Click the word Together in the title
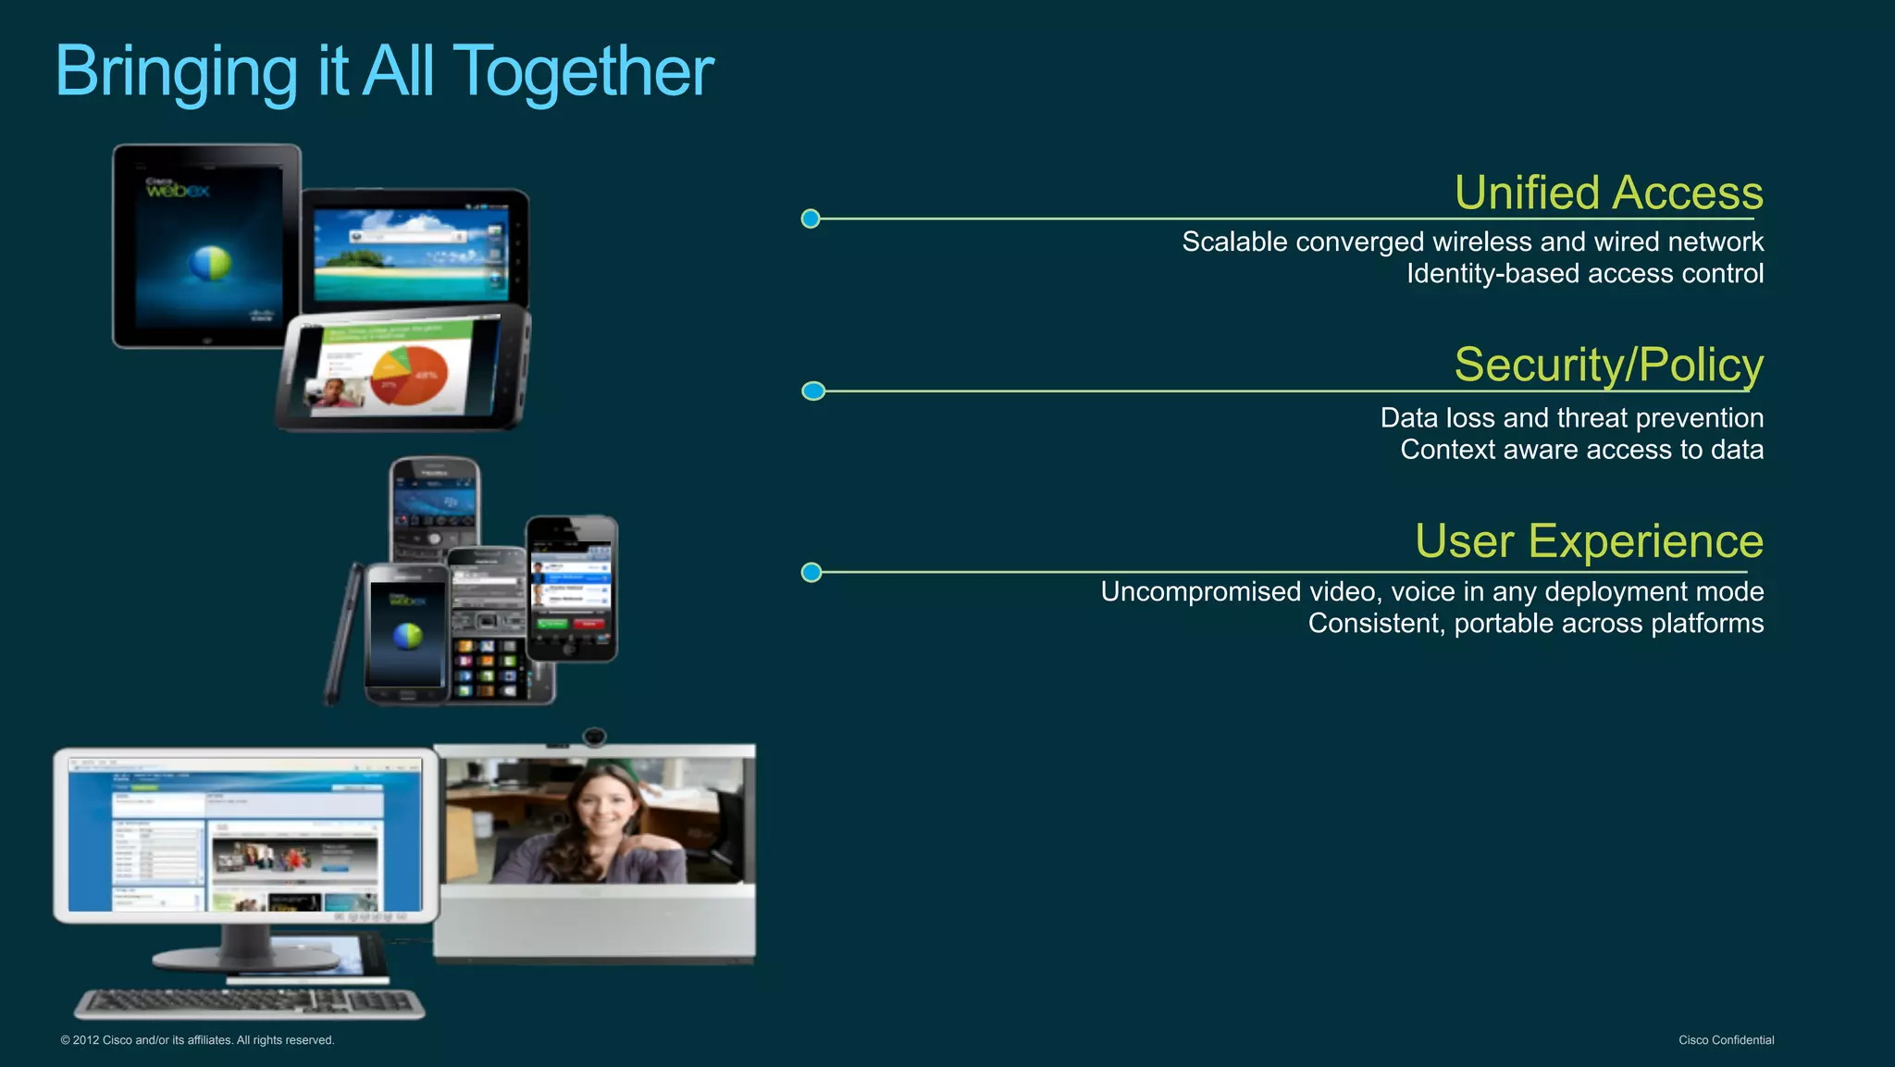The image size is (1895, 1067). (x=585, y=72)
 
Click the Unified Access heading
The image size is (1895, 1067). (x=1608, y=193)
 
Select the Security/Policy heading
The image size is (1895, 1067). (x=1608, y=365)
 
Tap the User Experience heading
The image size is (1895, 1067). (x=1589, y=541)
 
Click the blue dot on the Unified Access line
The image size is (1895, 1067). (x=811, y=219)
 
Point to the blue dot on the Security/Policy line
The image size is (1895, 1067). (x=813, y=391)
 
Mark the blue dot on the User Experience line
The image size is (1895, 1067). (x=811, y=573)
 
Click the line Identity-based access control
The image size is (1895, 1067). (x=1584, y=274)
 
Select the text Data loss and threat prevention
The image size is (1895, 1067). (x=1571, y=418)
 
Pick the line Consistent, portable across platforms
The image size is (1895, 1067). (x=1535, y=624)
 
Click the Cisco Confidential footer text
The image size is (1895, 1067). (x=1726, y=1040)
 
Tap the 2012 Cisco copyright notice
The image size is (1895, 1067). (x=197, y=1040)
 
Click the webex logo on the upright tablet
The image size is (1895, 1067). (x=178, y=190)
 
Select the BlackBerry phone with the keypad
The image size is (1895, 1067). (x=434, y=509)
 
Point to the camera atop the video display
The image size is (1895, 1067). (x=594, y=737)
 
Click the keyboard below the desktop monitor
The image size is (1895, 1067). (x=250, y=1002)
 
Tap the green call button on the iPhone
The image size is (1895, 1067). (x=552, y=624)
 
